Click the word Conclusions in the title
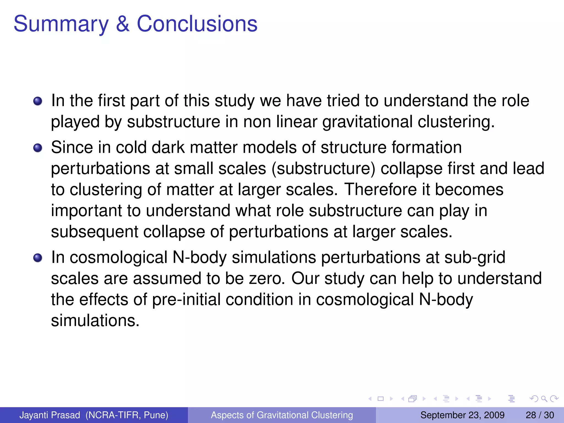click(x=197, y=24)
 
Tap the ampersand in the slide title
click(x=123, y=24)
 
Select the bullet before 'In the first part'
click(x=38, y=101)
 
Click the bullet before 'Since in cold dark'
click(x=38, y=148)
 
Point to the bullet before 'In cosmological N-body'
click(x=38, y=258)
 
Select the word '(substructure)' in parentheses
click(x=323, y=169)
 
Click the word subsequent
click(x=94, y=232)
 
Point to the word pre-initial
click(x=186, y=300)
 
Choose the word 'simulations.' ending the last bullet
click(x=95, y=321)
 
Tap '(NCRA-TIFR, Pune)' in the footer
click(x=127, y=415)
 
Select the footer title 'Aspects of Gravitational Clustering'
click(x=282, y=415)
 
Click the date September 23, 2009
click(x=462, y=415)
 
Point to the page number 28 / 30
click(x=539, y=415)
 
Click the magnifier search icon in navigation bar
click(x=544, y=398)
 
